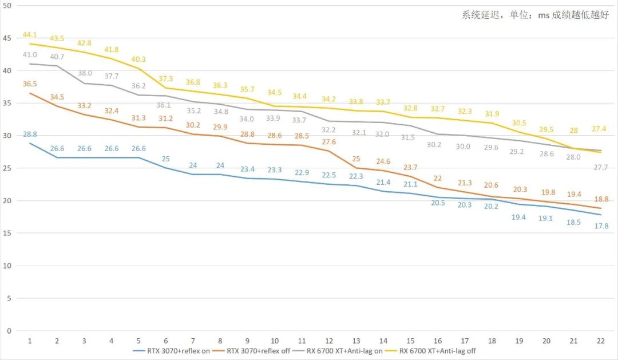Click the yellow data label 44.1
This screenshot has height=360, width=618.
click(30, 35)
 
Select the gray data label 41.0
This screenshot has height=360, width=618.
click(30, 55)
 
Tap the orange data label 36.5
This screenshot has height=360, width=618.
click(30, 84)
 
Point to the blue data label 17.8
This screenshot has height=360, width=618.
click(601, 226)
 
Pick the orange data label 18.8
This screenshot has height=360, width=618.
click(601, 199)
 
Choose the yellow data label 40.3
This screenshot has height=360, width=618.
click(139, 60)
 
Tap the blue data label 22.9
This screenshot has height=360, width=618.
click(302, 172)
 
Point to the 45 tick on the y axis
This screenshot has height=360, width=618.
click(7, 38)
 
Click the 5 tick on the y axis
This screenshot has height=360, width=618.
click(9, 298)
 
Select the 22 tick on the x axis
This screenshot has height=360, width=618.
click(601, 341)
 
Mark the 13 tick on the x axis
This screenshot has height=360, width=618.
click(356, 341)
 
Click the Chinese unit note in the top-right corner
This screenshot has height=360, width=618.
click(535, 15)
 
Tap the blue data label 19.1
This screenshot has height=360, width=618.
click(546, 218)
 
